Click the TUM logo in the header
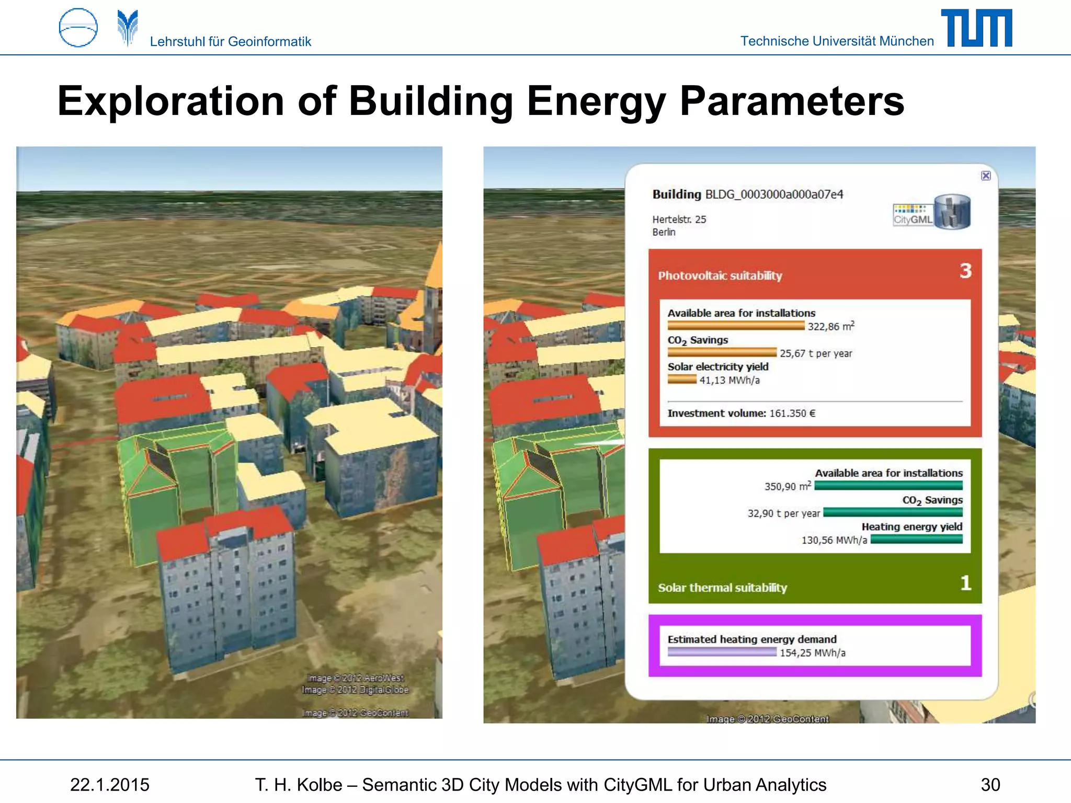(976, 28)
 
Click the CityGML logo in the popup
(931, 212)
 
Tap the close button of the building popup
(986, 176)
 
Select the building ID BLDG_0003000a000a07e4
(774, 194)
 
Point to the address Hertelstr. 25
(679, 220)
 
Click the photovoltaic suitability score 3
(965, 271)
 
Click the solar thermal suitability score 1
(965, 583)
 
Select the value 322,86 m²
(830, 327)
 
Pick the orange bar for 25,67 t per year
(722, 353)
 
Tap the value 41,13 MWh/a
(730, 381)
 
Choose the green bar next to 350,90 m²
(888, 486)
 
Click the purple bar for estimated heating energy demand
(722, 652)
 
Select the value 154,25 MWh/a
(812, 653)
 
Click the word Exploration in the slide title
(170, 101)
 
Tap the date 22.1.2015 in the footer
(110, 785)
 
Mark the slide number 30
(990, 785)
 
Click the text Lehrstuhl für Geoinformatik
(230, 41)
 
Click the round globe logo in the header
(78, 28)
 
